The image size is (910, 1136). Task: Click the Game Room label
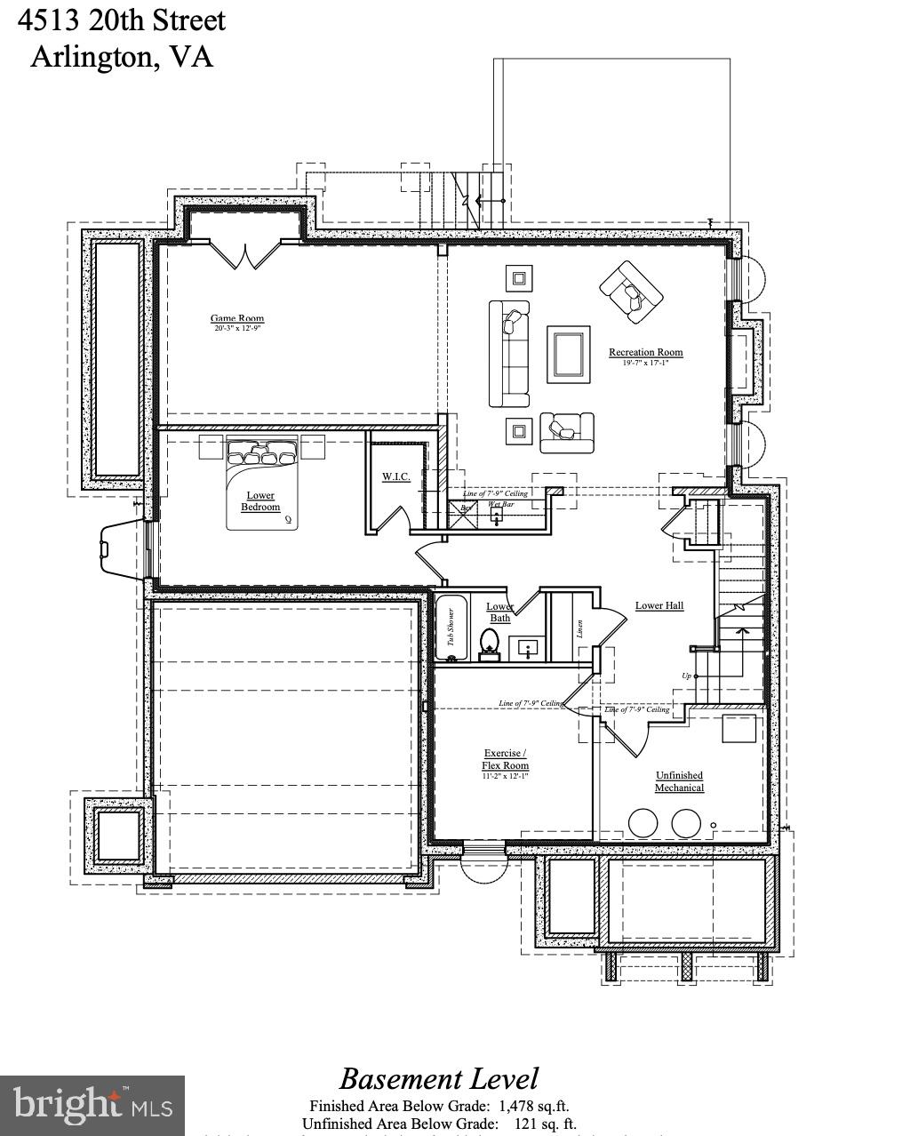click(237, 318)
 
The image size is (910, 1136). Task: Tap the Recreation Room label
click(646, 353)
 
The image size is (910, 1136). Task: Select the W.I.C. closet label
click(396, 477)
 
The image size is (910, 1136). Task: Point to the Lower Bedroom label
click(260, 501)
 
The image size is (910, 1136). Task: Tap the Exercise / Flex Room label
click(505, 759)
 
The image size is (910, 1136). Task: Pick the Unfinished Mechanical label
click(680, 781)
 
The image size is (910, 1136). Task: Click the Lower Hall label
click(659, 605)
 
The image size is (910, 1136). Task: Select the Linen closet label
click(579, 628)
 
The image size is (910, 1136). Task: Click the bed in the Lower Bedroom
click(262, 484)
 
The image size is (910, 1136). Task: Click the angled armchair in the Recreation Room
click(632, 292)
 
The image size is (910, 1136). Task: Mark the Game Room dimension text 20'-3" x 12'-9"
click(237, 329)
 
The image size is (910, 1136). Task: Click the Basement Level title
click(439, 1078)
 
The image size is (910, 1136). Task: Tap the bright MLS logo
click(92, 1105)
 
